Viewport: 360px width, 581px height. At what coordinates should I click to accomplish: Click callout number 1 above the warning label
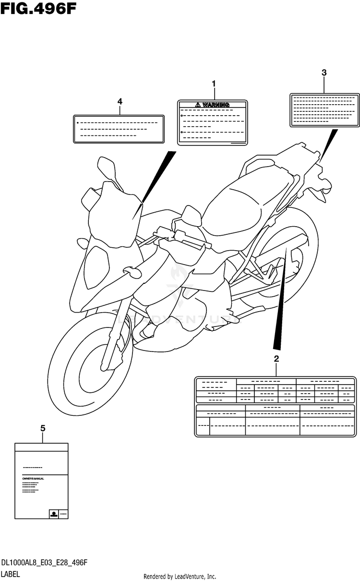coord(214,84)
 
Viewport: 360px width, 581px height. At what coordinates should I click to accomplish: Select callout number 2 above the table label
coord(276,358)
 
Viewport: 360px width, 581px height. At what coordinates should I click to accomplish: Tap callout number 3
coord(324,73)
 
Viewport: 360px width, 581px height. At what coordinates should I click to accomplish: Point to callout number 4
coord(120,101)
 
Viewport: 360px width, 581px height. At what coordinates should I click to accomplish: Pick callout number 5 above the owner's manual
coord(43,428)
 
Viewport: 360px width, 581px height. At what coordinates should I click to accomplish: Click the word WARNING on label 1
coord(216,105)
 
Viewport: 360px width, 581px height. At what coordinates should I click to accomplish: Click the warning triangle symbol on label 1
coord(198,105)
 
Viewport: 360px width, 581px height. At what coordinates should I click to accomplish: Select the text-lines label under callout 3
coord(324,110)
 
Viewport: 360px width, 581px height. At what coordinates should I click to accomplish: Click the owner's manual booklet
coord(41,480)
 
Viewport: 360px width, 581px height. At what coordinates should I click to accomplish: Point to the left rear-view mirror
coord(106,166)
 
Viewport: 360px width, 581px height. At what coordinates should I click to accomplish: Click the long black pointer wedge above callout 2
coord(283,298)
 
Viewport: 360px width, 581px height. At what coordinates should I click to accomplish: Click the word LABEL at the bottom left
coord(11,574)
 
